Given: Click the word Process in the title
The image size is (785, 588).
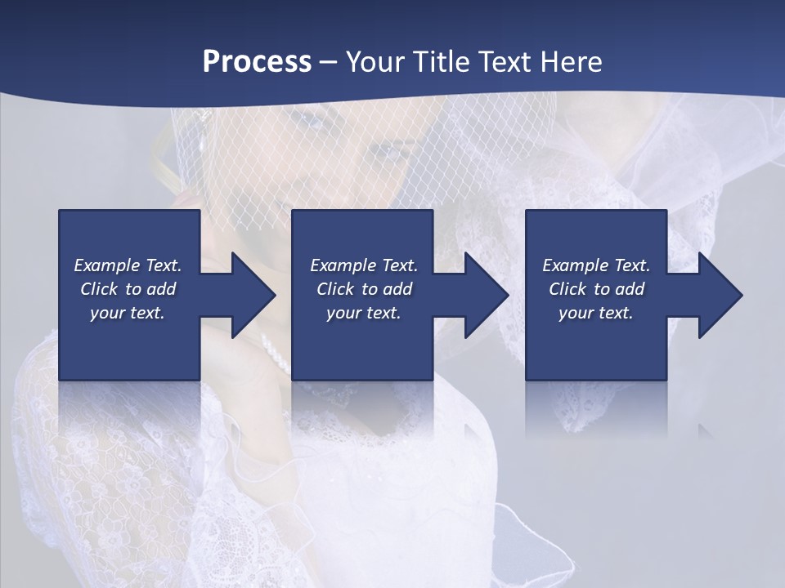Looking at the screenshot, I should [257, 62].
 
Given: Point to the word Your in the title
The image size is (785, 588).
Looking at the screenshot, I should [374, 62].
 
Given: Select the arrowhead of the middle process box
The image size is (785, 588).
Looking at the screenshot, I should [482, 295].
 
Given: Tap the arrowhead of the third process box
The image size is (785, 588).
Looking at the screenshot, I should [716, 295].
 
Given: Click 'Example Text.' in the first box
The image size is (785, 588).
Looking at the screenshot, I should [128, 265].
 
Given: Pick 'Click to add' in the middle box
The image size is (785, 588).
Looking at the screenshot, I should [364, 289].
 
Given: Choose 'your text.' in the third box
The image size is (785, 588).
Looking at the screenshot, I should [595, 313].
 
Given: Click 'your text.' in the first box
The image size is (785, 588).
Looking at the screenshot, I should [128, 313].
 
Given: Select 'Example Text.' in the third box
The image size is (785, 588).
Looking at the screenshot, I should [596, 265].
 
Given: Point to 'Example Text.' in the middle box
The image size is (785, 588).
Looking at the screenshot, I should [364, 265].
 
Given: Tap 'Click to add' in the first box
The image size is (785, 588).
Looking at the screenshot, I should [128, 289].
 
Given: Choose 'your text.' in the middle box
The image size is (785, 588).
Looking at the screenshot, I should [364, 313].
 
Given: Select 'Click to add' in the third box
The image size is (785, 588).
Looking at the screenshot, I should [596, 289].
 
